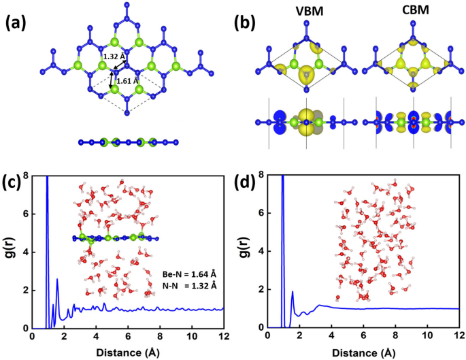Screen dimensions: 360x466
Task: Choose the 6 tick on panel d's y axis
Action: click(x=261, y=214)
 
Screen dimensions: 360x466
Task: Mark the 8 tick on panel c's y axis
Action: click(x=24, y=176)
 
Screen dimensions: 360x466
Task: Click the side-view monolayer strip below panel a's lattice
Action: click(x=128, y=142)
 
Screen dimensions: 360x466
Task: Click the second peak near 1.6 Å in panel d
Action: click(x=293, y=293)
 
